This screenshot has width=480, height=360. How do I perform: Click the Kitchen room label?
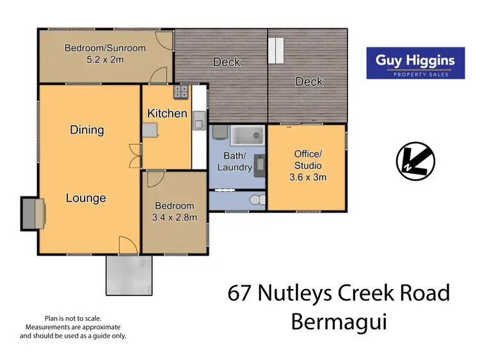(167, 113)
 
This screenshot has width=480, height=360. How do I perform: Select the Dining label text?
(87, 130)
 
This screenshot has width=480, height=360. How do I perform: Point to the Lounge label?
(86, 198)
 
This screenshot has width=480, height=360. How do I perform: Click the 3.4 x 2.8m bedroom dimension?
(175, 217)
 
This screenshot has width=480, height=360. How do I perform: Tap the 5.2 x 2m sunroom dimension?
(104, 59)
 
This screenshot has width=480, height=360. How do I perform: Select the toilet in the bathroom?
(258, 201)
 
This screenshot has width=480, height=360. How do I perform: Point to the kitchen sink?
(198, 119)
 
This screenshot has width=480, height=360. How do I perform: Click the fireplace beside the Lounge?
(32, 213)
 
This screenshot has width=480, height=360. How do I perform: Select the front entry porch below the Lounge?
(130, 276)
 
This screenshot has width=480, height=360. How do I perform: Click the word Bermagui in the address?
(339, 322)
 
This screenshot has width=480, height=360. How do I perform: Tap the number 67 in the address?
(240, 293)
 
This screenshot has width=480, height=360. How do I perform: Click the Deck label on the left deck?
(227, 62)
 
